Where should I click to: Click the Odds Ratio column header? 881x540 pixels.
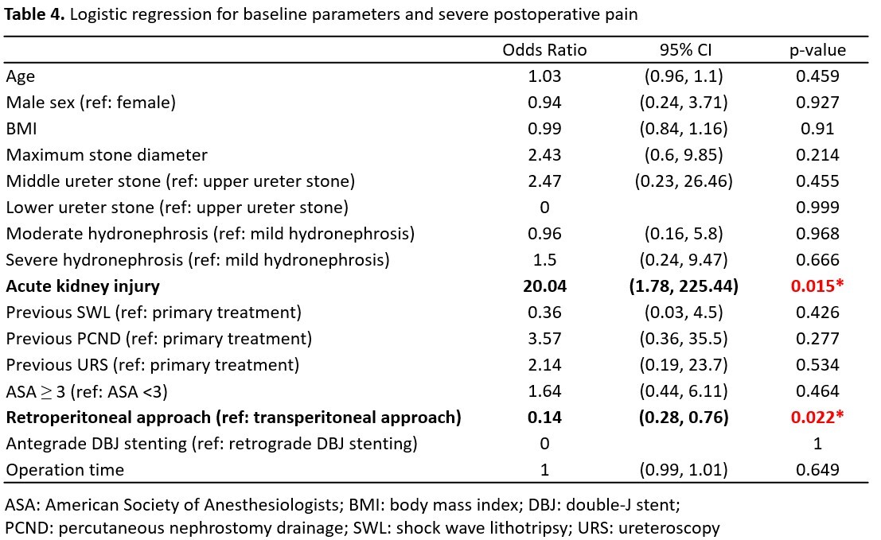(544, 50)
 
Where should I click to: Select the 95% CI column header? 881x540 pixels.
(685, 50)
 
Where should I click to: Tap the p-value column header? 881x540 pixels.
(817, 51)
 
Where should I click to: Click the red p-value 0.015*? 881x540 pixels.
(817, 286)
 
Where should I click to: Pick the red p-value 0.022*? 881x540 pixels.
(817, 417)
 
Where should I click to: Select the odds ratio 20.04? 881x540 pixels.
(544, 286)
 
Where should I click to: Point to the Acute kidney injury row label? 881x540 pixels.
(83, 286)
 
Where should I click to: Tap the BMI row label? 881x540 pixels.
(21, 129)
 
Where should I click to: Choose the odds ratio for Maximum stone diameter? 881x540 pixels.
(544, 155)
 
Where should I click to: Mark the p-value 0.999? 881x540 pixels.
(817, 207)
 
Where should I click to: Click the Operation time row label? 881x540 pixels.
(65, 470)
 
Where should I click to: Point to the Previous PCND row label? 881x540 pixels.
(159, 339)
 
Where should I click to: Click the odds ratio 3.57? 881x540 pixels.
(544, 339)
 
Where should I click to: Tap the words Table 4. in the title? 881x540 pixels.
(34, 14)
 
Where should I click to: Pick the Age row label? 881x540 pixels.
(20, 77)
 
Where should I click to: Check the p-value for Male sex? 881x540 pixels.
(817, 102)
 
